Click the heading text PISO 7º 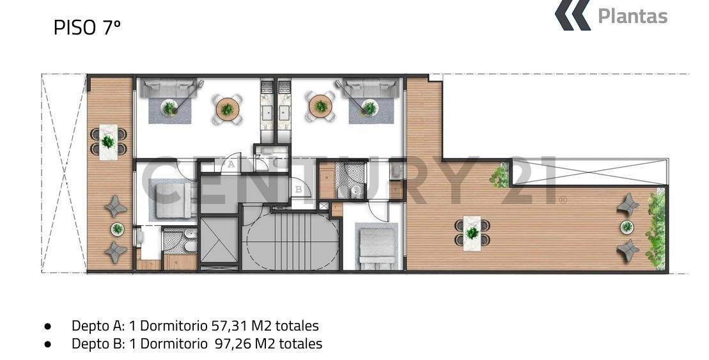point(87,27)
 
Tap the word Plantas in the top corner point(632,16)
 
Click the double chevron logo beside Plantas point(572,15)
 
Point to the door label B point(299,189)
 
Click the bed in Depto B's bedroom point(377,247)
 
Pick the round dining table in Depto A point(227,108)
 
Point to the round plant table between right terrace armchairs point(627,226)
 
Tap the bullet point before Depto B point(48,344)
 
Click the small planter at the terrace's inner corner point(500,174)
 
